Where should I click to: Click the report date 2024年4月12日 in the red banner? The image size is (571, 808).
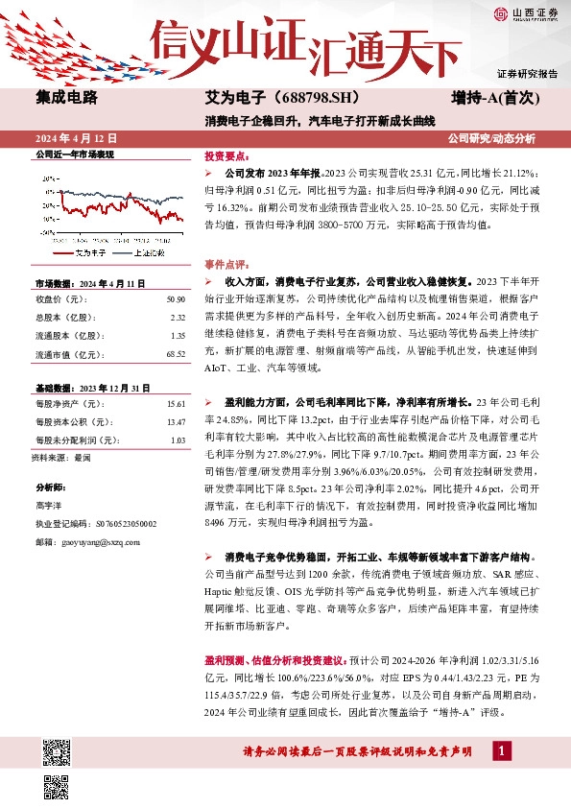(73, 138)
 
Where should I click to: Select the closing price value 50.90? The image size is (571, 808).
(175, 299)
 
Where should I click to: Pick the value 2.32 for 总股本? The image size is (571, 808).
(177, 318)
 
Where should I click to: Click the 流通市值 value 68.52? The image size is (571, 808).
(174, 354)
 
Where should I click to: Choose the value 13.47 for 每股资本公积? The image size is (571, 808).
(175, 422)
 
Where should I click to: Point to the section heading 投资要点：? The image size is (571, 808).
(226, 154)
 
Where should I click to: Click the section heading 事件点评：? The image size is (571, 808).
(226, 262)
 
